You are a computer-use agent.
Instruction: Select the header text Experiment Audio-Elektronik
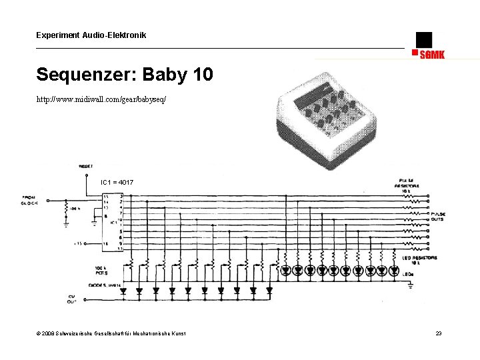(x=91, y=35)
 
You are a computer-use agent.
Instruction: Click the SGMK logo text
(x=432, y=55)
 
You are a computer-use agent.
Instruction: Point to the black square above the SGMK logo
(x=423, y=39)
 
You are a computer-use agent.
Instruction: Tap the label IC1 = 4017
(x=117, y=182)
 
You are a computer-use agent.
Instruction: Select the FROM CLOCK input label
(x=30, y=200)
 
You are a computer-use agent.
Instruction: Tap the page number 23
(x=438, y=333)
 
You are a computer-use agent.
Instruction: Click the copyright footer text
(x=111, y=333)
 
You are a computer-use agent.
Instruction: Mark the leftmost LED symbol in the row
(x=285, y=271)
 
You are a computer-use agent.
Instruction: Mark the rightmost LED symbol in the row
(x=394, y=271)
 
